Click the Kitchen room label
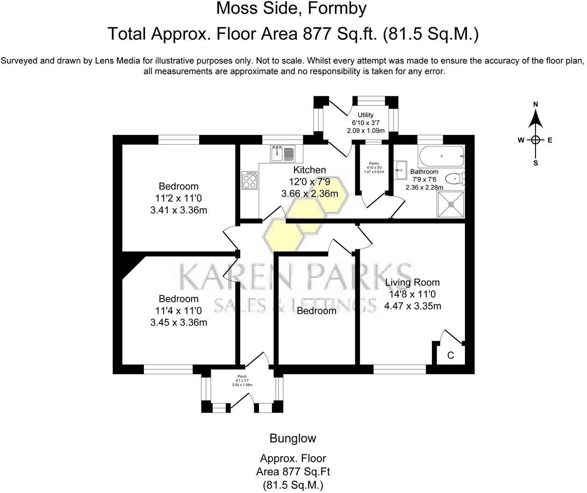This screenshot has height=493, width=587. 309,170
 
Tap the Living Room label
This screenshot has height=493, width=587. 412,282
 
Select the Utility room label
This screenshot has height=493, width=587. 365,115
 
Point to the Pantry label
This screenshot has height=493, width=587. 374,163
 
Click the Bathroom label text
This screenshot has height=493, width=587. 424,172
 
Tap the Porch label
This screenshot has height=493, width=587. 242,377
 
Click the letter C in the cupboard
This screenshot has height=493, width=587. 451,356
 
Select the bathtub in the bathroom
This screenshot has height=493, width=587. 441,156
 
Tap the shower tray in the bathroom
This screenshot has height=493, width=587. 451,204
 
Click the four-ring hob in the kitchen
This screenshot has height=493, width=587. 250,180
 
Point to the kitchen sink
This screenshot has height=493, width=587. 282,153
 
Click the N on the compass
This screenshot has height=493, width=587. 536,104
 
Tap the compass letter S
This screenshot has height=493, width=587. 536,163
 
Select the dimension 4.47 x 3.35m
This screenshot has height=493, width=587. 413,306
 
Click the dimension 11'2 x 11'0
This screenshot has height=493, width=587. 179,198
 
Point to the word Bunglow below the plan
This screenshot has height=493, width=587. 293,438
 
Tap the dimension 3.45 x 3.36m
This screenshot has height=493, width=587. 179,323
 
